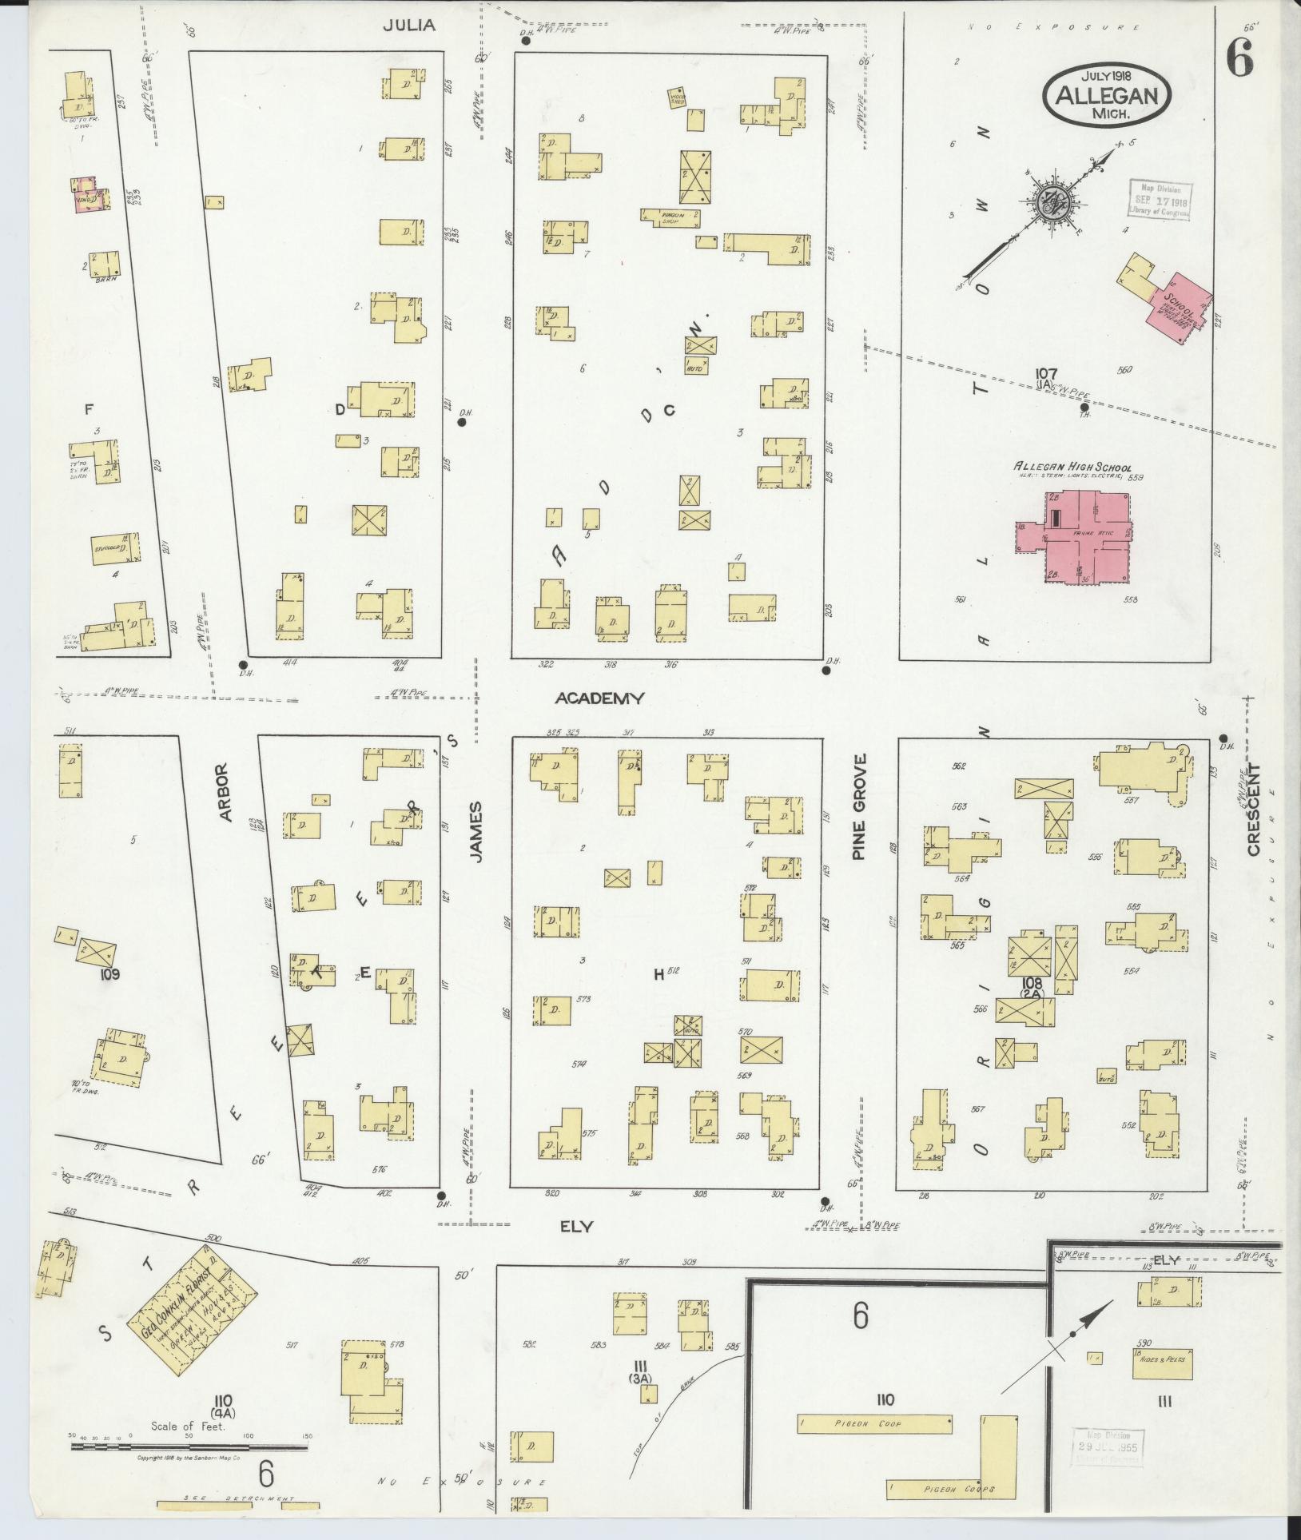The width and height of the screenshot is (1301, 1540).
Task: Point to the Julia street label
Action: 408,25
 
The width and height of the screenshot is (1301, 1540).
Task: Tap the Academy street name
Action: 599,698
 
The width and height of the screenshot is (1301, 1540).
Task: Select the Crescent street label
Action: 1252,809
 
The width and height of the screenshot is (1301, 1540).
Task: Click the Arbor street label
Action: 224,793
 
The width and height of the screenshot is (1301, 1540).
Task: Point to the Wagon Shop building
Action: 670,216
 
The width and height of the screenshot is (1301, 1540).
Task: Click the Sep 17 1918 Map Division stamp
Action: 1158,198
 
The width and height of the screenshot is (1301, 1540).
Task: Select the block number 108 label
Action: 1032,982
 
